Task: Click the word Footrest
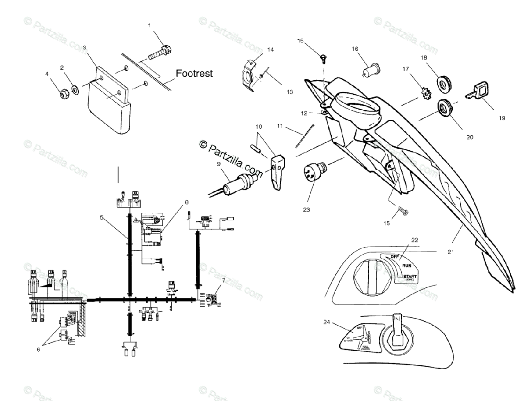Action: pos(194,73)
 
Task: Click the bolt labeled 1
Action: pos(160,53)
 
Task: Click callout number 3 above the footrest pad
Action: pos(84,48)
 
